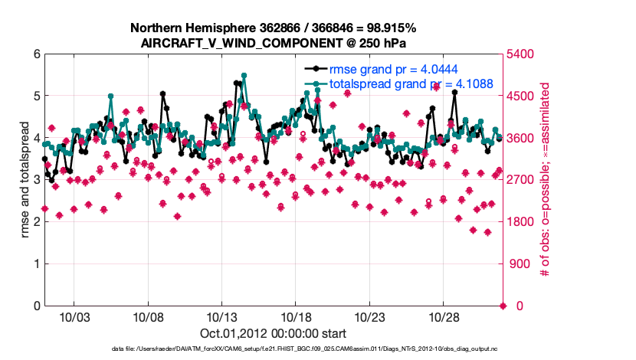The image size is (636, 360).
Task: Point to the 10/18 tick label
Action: pos(296,317)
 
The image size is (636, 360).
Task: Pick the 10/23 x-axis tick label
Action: pos(370,317)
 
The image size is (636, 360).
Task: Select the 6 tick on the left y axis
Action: pos(36,54)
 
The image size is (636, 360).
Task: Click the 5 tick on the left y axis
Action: pos(36,97)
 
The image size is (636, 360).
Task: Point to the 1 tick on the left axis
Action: pos(36,264)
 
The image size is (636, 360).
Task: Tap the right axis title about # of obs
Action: pos(546,180)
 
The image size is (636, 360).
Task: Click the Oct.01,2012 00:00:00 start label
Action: pos(274,333)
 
